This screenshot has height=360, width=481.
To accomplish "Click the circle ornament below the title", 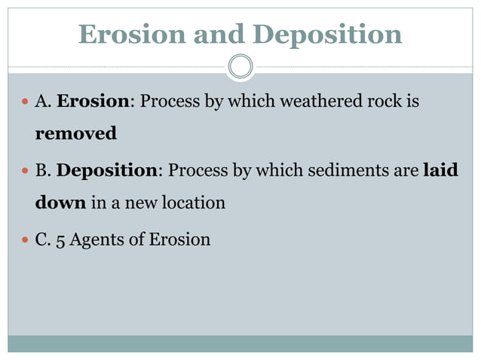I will click(x=240, y=66).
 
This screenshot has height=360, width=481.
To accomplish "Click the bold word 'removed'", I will click(x=76, y=134).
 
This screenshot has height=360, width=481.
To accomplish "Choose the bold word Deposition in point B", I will click(x=107, y=169).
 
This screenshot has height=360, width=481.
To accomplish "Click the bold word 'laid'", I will click(x=441, y=169).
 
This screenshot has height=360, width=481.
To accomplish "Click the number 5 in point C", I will click(x=60, y=240).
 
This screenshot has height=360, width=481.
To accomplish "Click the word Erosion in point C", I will click(x=179, y=239).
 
